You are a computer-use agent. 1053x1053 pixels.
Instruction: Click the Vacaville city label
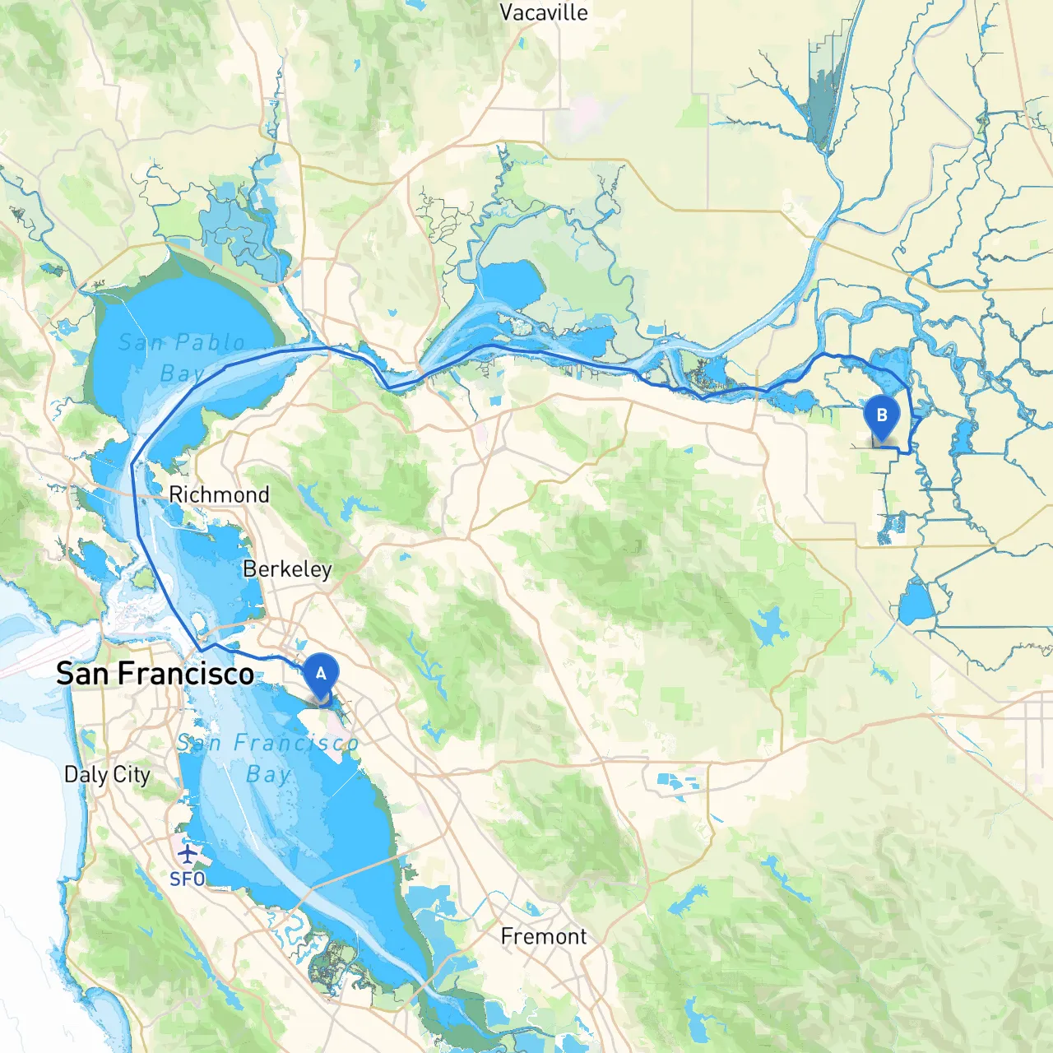click(544, 12)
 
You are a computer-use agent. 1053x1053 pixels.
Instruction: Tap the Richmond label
click(219, 494)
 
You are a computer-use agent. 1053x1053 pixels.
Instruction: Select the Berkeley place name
click(287, 569)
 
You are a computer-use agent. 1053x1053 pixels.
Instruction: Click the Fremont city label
click(544, 936)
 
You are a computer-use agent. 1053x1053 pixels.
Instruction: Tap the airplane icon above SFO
click(188, 854)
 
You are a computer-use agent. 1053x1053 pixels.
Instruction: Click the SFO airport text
click(188, 879)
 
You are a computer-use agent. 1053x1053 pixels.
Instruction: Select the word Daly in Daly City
click(86, 774)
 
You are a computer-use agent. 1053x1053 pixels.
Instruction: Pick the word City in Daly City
click(132, 774)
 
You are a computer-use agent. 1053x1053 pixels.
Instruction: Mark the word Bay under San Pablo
click(181, 374)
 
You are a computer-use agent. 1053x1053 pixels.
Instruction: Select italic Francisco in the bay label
click(296, 744)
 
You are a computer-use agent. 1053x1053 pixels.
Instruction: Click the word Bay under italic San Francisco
click(268, 774)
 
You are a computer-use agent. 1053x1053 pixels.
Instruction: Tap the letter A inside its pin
click(321, 673)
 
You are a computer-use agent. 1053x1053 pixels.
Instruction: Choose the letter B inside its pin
click(882, 415)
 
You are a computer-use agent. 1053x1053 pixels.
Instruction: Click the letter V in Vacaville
click(508, 12)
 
